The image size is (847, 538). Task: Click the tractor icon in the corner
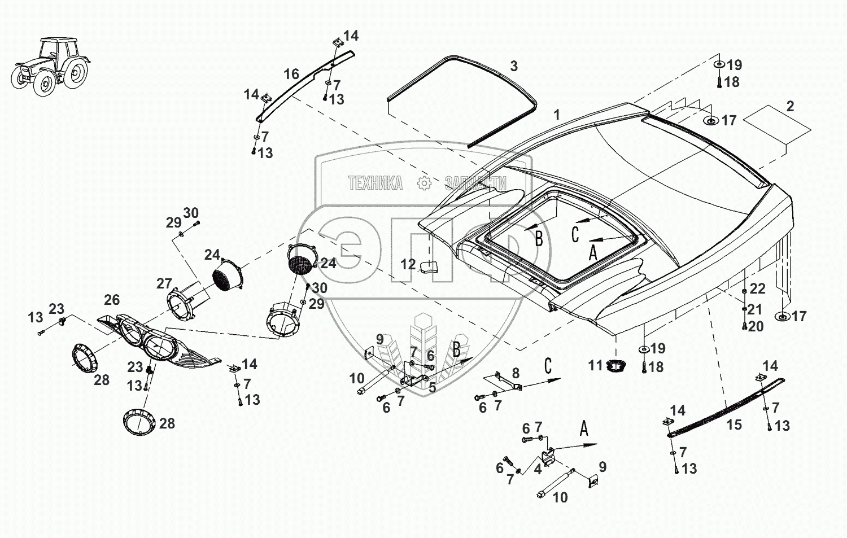[x=51, y=67]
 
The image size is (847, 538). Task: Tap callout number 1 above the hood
[x=556, y=115]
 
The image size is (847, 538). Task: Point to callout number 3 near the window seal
[x=513, y=66]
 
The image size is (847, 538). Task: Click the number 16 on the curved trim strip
[x=291, y=74]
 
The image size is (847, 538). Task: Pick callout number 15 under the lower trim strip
[x=734, y=425]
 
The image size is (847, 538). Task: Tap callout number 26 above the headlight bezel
[x=112, y=300]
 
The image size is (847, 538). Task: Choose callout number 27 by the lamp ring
[x=164, y=283]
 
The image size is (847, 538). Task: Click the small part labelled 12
[x=429, y=267]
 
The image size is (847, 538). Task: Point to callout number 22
[x=757, y=289]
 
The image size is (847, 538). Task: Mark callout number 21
[x=754, y=309]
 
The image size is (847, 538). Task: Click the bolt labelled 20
[x=744, y=326]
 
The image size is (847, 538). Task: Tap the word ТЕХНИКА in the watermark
[x=376, y=183]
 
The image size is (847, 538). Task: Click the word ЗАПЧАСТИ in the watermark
[x=475, y=183]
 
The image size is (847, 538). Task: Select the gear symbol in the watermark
[x=424, y=183]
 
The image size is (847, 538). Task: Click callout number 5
[x=432, y=387]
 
